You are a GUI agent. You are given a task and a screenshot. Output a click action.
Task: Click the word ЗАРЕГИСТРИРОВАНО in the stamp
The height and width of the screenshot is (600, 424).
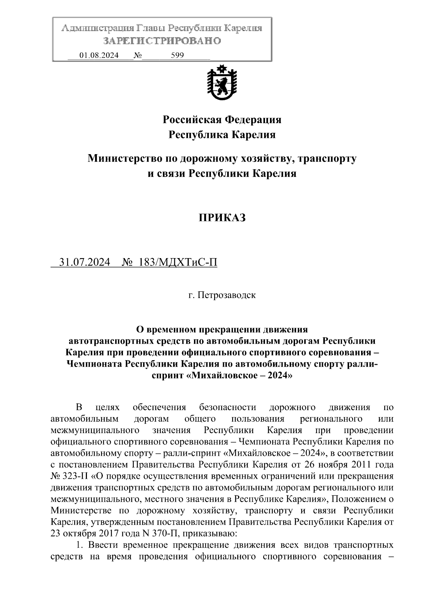tap(162, 41)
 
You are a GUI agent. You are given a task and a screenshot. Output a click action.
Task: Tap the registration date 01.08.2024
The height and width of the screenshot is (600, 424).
tap(99, 56)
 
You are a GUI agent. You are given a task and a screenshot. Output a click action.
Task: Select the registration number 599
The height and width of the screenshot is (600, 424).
tap(177, 56)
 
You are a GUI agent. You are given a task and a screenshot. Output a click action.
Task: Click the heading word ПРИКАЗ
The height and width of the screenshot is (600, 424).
tap(222, 218)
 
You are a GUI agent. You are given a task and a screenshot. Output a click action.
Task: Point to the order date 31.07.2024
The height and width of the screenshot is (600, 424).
tap(85, 262)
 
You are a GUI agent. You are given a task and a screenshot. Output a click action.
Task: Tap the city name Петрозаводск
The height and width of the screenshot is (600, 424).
tap(226, 295)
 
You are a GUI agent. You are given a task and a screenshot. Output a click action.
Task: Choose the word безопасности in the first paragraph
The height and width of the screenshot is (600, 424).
tap(228, 408)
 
